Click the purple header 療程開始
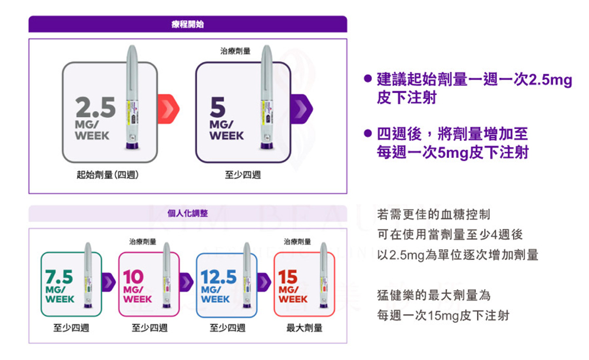coord(187,24)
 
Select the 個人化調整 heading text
coord(187,213)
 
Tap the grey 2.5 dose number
coord(95,107)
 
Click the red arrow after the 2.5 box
coord(168,109)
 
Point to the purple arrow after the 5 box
coord(301,109)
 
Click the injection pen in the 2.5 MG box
coord(132,97)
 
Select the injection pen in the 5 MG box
coord(266,97)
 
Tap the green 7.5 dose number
coord(59,278)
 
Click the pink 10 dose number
coord(133,278)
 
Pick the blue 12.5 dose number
coord(219,278)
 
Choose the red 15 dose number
coord(288,278)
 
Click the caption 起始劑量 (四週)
coord(107,175)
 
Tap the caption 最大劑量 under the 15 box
coord(305,328)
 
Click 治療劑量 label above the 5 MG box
coord(235,51)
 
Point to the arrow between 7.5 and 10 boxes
coord(108,282)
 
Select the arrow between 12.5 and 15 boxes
coord(264,282)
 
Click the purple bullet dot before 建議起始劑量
coord(368,78)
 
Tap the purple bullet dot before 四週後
coord(368,133)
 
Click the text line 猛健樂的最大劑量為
coord(434,295)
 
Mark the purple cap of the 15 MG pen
coord(323,306)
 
